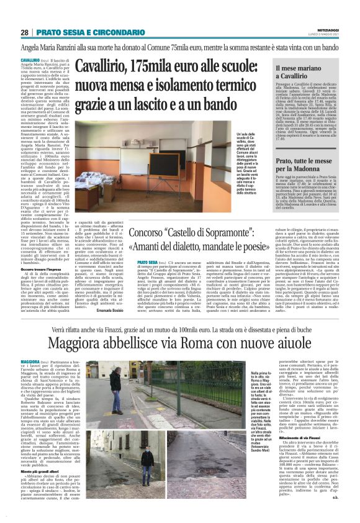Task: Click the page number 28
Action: click(x=24, y=32)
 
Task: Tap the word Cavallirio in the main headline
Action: click(x=104, y=65)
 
